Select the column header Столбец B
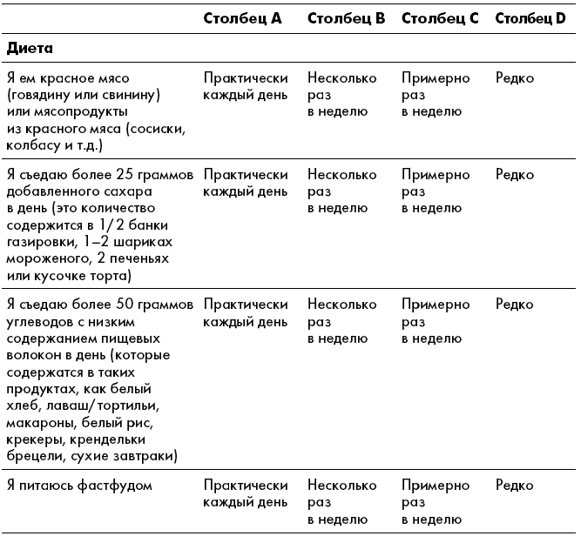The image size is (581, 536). pyautogui.click(x=346, y=18)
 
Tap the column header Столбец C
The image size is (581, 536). pyautogui.click(x=440, y=18)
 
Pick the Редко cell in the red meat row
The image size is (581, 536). pyautogui.click(x=514, y=78)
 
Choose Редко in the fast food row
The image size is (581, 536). pyautogui.click(x=514, y=486)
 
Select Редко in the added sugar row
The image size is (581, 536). pyautogui.click(x=514, y=175)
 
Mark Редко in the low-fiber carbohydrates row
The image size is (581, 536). pyautogui.click(x=514, y=305)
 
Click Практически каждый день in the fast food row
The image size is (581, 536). pyautogui.click(x=246, y=493)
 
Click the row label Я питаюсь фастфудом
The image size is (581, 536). pyautogui.click(x=79, y=486)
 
